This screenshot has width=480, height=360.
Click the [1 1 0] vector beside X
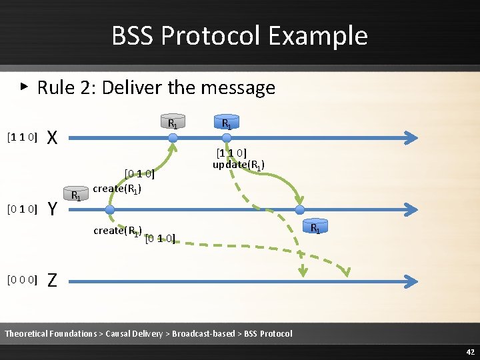pyautogui.click(x=21, y=138)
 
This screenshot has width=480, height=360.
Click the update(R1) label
pyautogui.click(x=239, y=165)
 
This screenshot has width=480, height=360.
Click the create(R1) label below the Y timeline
pyautogui.click(x=118, y=231)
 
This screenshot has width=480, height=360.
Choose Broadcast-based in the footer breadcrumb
pyautogui.click(x=203, y=333)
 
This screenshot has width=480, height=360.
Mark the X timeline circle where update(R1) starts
pyautogui.click(x=226, y=138)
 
